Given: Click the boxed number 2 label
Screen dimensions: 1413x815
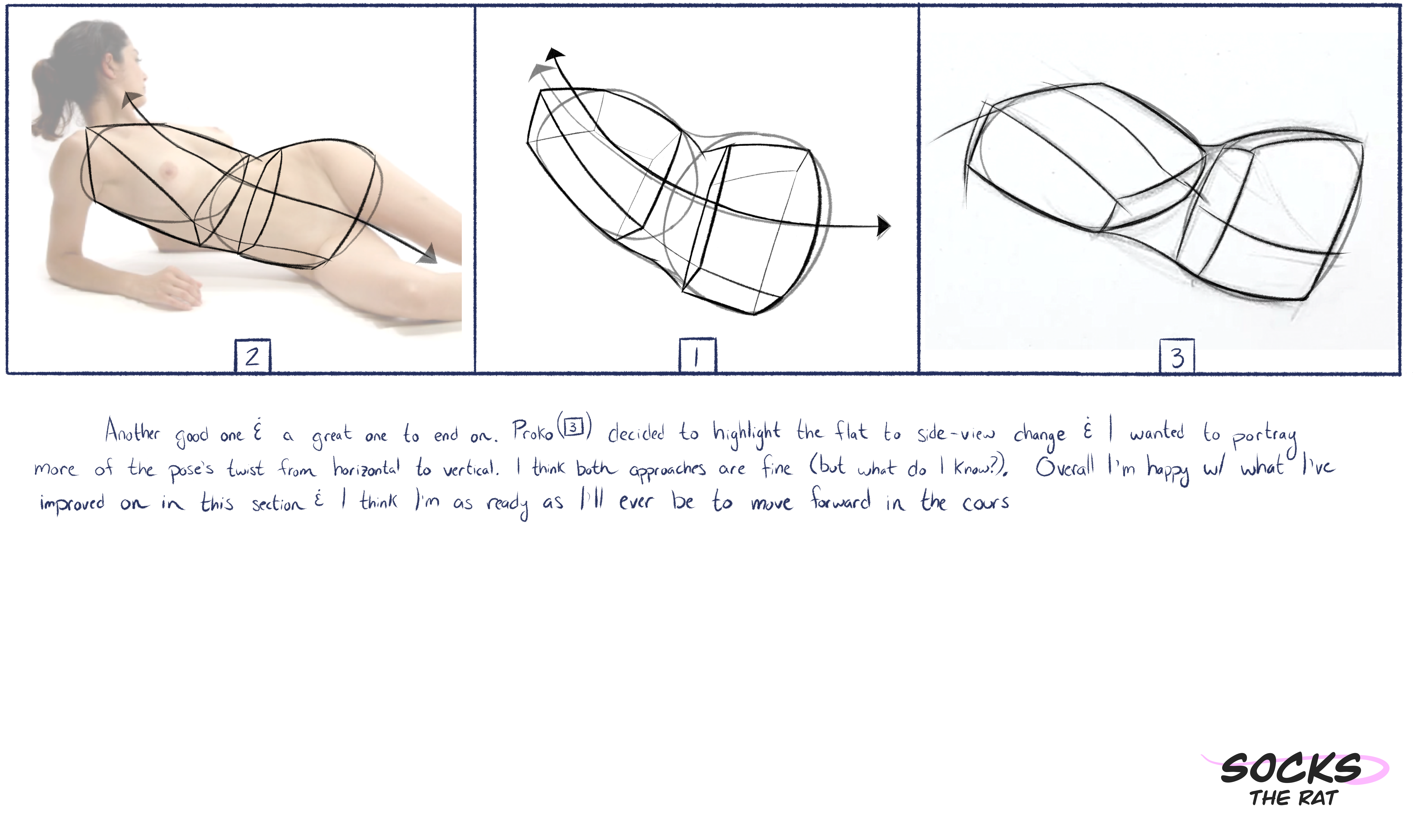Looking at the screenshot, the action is (253, 356).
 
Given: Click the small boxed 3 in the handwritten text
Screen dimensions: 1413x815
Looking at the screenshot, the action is (573, 427).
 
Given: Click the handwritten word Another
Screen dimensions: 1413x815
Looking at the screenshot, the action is (133, 431).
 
